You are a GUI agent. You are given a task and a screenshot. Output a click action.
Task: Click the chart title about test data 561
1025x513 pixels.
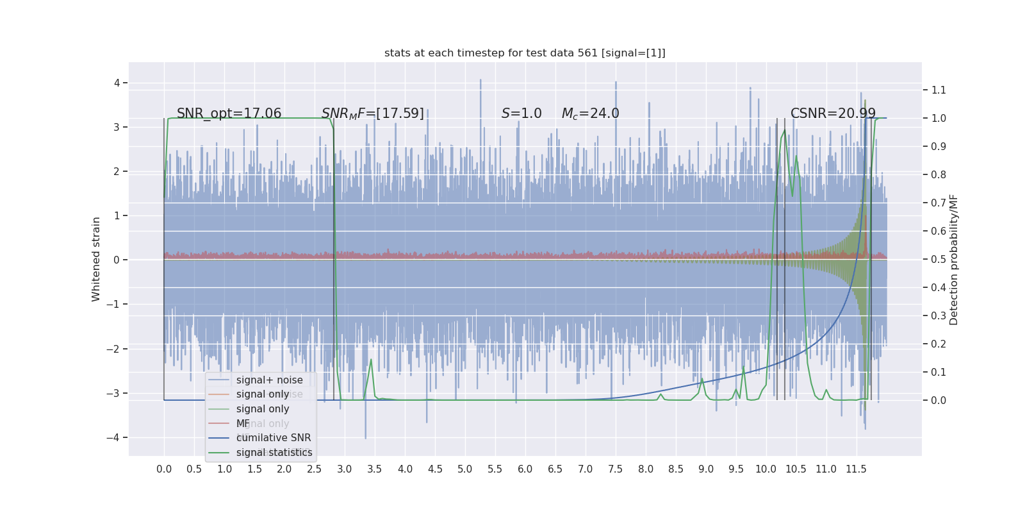(x=525, y=53)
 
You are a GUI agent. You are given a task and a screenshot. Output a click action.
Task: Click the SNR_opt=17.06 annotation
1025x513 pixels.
(x=229, y=114)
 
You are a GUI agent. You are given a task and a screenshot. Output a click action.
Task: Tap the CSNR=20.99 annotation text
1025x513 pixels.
(x=833, y=114)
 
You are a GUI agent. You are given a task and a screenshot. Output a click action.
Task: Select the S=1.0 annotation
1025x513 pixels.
(x=521, y=114)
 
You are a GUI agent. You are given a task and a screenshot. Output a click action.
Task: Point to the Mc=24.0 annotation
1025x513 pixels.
(x=590, y=114)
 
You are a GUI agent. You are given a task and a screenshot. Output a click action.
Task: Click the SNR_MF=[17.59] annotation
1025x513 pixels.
(x=373, y=114)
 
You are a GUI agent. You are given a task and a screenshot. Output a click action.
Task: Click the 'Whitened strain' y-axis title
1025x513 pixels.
(x=96, y=259)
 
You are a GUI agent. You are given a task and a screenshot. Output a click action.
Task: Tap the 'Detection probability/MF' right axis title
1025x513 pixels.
(x=954, y=259)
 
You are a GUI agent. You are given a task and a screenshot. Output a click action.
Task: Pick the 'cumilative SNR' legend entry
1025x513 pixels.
(x=274, y=438)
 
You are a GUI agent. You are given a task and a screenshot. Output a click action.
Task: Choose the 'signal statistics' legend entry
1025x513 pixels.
(x=274, y=453)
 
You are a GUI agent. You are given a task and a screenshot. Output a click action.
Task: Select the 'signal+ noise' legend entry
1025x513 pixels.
(x=269, y=380)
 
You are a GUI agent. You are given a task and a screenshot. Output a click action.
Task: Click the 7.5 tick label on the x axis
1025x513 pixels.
(x=615, y=469)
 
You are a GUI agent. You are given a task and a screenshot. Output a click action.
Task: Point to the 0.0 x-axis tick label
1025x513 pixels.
(x=164, y=469)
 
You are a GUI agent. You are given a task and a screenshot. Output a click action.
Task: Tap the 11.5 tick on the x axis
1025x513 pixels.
(x=856, y=469)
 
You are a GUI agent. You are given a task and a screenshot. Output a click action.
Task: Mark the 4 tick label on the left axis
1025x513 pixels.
(x=117, y=83)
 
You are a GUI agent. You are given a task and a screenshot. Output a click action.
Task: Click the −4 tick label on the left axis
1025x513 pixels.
(x=113, y=437)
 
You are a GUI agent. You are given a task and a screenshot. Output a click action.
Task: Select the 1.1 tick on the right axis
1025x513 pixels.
(x=939, y=90)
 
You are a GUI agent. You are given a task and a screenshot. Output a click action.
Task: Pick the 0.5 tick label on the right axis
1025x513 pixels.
(x=939, y=259)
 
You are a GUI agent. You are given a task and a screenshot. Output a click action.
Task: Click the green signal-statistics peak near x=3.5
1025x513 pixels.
(x=371, y=359)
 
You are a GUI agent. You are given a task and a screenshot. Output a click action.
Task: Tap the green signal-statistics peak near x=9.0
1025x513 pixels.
(x=702, y=379)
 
